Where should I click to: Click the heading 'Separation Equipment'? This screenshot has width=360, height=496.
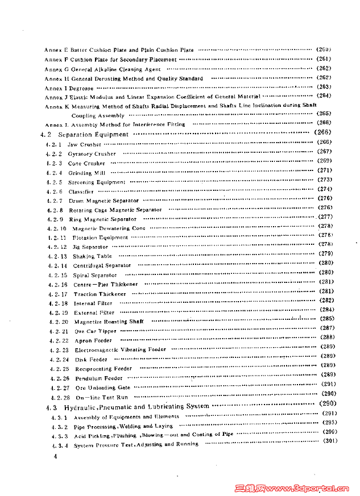[93, 135]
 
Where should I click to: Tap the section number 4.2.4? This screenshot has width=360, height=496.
[54, 173]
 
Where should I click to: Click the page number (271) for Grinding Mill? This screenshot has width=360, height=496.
[325, 170]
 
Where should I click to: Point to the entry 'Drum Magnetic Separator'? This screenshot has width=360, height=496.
[104, 201]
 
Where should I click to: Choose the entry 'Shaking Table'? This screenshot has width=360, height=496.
[92, 256]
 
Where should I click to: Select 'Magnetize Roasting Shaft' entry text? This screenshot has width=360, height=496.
[109, 322]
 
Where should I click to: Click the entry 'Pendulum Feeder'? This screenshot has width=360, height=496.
[98, 378]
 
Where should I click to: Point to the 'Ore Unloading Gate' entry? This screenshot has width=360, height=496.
[102, 387]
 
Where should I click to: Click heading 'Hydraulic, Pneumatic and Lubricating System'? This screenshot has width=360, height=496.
[136, 407]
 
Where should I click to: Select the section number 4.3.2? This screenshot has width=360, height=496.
[60, 426]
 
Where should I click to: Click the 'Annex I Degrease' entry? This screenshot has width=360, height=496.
[69, 89]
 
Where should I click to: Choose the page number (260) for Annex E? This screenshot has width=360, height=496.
[324, 49]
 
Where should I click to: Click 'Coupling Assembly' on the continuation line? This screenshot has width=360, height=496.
[98, 115]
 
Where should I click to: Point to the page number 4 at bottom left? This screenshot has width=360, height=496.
[55, 456]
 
